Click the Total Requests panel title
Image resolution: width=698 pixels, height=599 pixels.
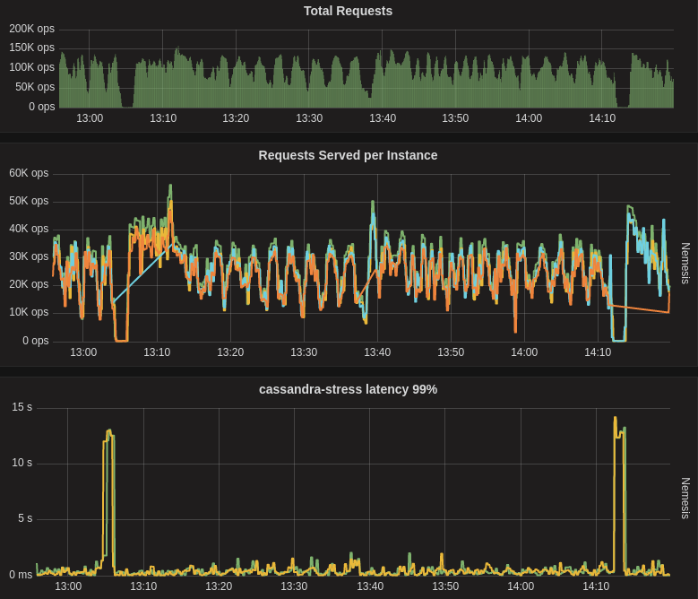(348, 11)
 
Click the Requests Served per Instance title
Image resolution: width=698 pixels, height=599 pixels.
(348, 155)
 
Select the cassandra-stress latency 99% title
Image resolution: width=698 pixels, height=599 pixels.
(348, 389)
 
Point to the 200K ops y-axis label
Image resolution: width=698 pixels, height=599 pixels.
(32, 29)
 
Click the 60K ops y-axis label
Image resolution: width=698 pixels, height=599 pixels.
(29, 173)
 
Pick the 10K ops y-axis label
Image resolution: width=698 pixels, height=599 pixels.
(29, 312)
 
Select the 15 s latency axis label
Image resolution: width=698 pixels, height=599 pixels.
(22, 407)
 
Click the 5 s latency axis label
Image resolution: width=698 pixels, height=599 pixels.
(25, 518)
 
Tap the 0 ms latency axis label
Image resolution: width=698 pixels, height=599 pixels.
(21, 575)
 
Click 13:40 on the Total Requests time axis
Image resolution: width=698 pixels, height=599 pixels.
(383, 118)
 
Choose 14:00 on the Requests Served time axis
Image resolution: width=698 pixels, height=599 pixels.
(524, 352)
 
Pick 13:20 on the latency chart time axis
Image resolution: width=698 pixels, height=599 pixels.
(219, 586)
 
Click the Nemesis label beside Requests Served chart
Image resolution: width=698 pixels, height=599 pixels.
(685, 263)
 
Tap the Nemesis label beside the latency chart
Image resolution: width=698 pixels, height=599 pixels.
(685, 498)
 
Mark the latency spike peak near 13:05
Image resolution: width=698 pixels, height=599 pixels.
(109, 431)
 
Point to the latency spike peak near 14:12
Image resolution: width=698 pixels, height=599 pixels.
(616, 418)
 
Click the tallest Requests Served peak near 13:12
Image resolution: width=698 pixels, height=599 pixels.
(170, 187)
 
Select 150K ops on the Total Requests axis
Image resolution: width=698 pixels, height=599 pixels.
(32, 48)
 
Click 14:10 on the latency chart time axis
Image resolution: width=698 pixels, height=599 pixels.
(596, 586)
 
